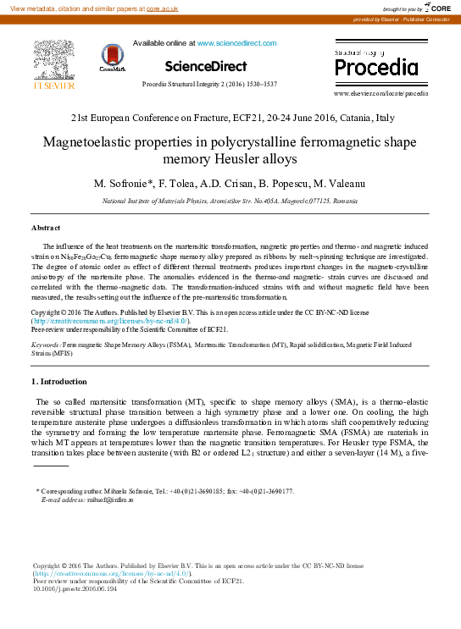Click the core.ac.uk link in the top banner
[x=162, y=8]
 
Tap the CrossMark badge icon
[x=113, y=58]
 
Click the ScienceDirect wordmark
[x=206, y=66]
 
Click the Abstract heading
[x=46, y=229]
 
